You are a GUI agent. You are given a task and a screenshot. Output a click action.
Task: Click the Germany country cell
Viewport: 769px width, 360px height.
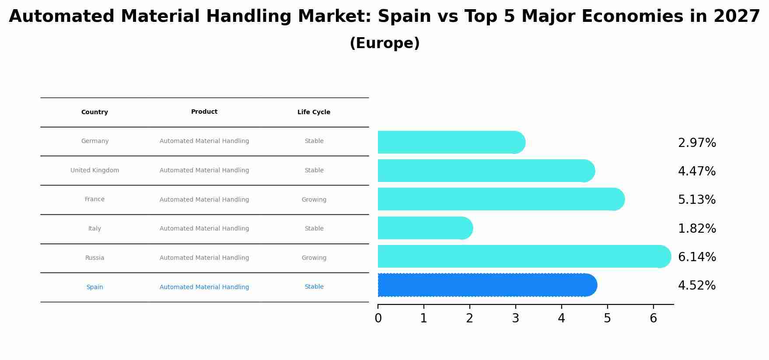tap(94, 141)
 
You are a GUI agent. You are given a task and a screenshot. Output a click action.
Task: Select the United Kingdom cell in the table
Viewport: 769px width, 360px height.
tap(94, 171)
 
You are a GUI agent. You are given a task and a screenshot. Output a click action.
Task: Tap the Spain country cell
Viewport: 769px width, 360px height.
tap(94, 287)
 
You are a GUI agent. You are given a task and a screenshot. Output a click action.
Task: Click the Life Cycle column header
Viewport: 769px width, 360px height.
tap(314, 112)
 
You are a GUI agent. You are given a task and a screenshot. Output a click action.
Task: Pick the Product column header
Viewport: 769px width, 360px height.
tap(204, 112)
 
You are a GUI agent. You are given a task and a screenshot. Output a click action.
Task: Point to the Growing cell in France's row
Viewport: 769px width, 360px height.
tap(314, 200)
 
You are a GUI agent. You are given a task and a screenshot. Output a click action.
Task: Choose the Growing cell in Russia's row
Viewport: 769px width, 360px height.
tap(314, 258)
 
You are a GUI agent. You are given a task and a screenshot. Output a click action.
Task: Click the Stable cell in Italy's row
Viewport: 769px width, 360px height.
tap(314, 229)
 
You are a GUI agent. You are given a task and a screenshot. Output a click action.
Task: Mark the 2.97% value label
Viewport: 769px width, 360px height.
tap(697, 143)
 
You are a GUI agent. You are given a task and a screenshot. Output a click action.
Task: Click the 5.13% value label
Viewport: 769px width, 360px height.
tap(697, 200)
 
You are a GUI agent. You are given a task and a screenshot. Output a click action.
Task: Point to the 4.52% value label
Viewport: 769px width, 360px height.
tap(697, 286)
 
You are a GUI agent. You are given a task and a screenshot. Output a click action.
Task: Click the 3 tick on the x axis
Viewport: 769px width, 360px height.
tap(515, 318)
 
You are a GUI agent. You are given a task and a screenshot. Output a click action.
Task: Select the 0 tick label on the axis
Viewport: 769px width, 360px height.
tap(378, 318)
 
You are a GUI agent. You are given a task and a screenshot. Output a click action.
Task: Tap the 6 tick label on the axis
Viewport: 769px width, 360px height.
tap(653, 318)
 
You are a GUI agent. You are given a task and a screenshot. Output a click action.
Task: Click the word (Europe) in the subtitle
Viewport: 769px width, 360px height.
tap(384, 43)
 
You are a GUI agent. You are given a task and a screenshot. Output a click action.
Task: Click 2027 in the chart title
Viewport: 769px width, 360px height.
tap(737, 17)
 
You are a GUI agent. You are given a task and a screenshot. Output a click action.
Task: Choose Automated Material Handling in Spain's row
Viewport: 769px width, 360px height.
tap(204, 287)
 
